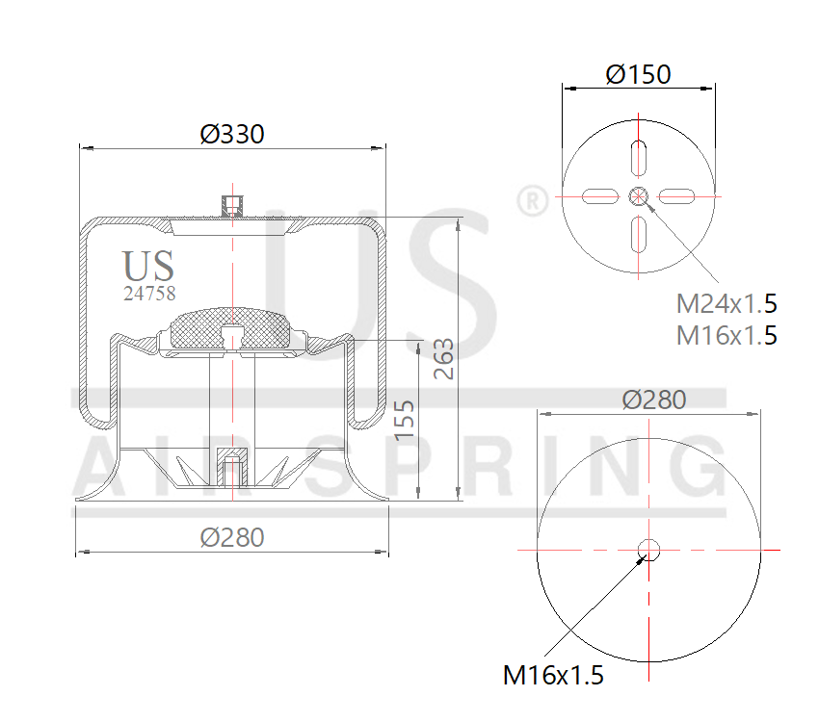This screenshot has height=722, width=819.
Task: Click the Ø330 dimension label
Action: click(231, 135)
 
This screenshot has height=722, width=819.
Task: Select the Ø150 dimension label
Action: click(638, 74)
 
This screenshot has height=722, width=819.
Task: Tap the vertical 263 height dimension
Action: click(444, 358)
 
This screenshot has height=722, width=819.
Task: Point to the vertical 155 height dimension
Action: click(406, 420)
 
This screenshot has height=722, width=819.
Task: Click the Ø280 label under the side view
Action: click(231, 537)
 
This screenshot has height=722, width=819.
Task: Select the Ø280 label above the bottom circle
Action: click(654, 400)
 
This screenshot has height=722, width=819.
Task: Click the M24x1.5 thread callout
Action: click(726, 304)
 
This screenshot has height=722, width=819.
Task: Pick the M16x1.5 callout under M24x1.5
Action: click(726, 335)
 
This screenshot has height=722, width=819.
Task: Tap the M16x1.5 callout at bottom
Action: click(553, 675)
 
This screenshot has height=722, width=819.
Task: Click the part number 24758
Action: click(149, 294)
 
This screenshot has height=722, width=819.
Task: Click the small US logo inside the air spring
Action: click(148, 266)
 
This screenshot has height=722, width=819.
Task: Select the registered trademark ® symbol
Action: click(532, 201)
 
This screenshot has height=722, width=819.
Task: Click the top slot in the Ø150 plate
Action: click(639, 157)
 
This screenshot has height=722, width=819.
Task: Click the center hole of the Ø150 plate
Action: click(638, 196)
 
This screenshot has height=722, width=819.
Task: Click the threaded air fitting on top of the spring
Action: click(231, 205)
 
